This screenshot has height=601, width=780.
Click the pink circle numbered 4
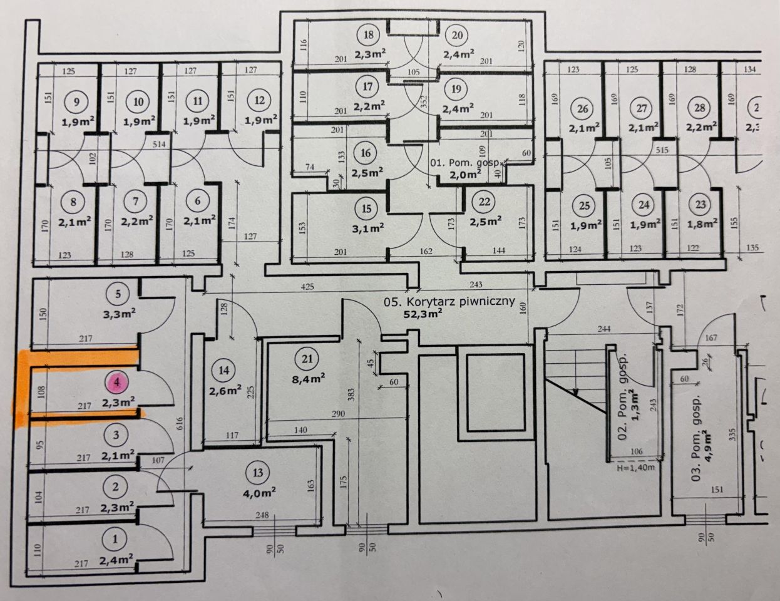click(116, 383)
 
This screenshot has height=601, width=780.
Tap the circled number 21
click(307, 359)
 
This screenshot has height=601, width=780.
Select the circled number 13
click(258, 473)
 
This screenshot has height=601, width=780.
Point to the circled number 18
click(368, 35)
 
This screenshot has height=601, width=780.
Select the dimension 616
click(180, 423)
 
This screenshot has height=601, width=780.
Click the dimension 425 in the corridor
click(307, 286)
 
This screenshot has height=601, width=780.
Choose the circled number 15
click(366, 208)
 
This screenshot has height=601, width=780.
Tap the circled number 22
click(485, 202)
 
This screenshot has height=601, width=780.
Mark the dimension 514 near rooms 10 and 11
click(159, 144)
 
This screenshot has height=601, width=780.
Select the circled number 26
click(582, 108)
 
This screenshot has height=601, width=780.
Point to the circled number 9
click(76, 102)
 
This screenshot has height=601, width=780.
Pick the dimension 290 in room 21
click(338, 414)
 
